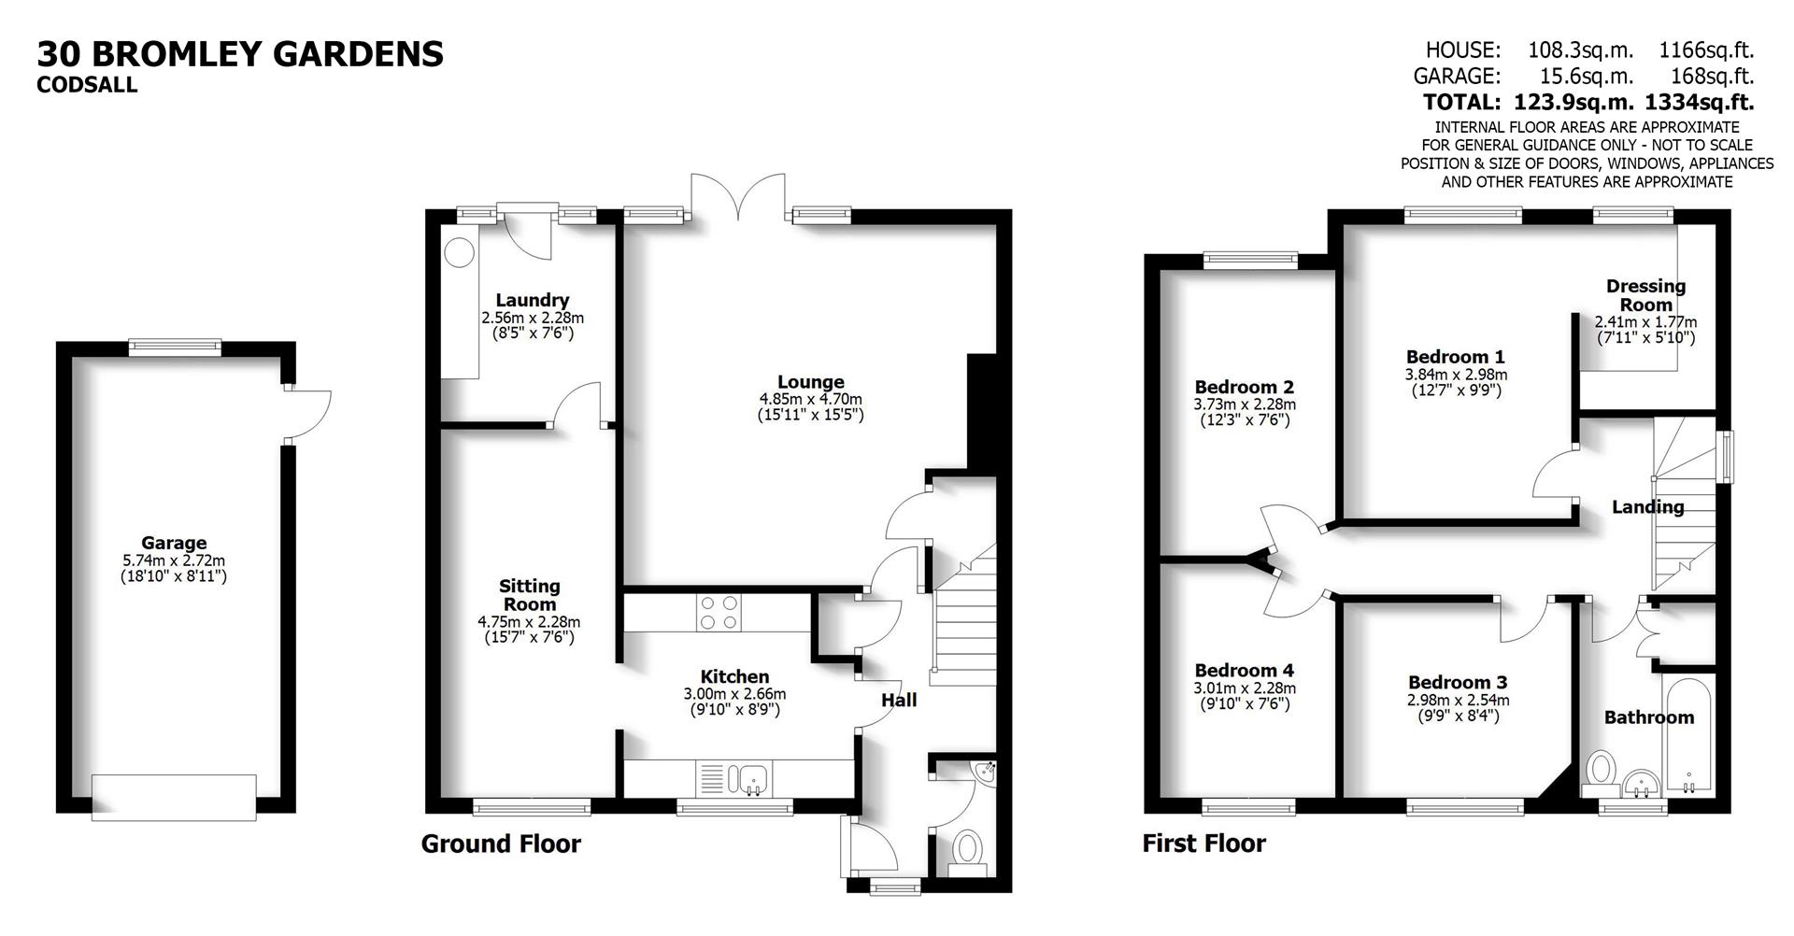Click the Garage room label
(174, 543)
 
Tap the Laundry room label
(532, 300)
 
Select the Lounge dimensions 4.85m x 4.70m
(810, 399)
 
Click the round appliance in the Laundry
(459, 252)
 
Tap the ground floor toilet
(967, 850)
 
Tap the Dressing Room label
(1645, 295)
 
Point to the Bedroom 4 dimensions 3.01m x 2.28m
(1244, 688)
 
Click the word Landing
(1647, 507)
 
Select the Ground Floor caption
(501, 844)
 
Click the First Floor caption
(1203, 844)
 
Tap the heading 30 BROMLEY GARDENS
(240, 54)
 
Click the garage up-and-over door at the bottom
(174, 797)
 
